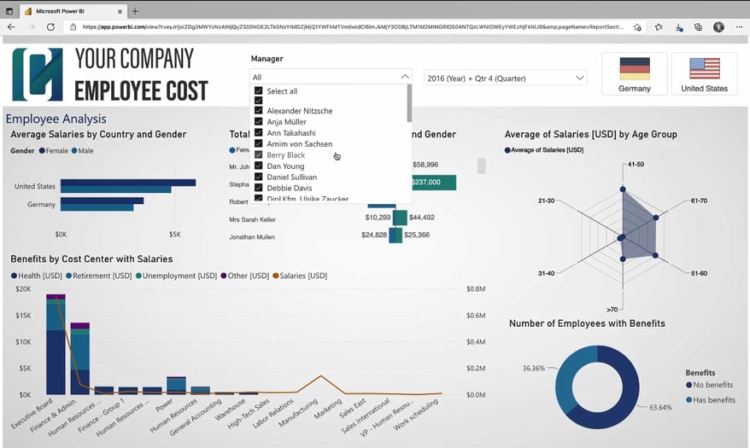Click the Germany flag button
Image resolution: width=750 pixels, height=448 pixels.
click(x=635, y=73)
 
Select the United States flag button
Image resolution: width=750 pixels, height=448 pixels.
click(x=704, y=73)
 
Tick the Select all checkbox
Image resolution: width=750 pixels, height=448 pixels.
click(x=259, y=91)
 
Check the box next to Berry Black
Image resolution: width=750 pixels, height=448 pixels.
click(x=259, y=155)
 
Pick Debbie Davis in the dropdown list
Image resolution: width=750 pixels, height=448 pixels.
click(x=289, y=188)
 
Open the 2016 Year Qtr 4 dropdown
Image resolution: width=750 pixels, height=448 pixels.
click(x=505, y=78)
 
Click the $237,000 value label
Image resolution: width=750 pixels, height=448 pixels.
click(x=425, y=183)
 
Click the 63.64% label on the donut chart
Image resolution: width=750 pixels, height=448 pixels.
click(x=661, y=407)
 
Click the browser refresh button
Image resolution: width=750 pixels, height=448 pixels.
click(x=50, y=27)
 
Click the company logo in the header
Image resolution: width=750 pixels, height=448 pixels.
click(x=37, y=75)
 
